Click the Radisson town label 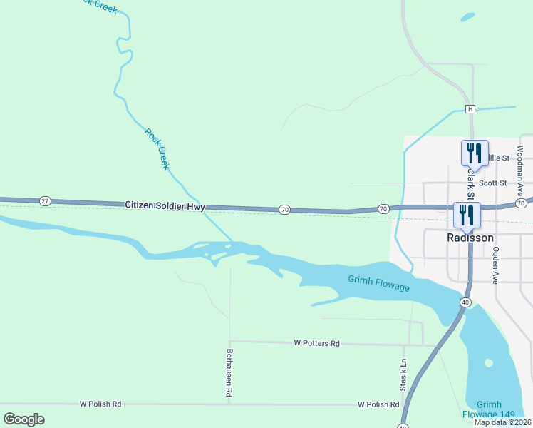(470, 238)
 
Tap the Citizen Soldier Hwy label (165, 206)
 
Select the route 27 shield (45, 202)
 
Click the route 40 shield (465, 302)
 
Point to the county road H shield (470, 109)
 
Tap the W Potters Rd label (316, 343)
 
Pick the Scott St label (492, 183)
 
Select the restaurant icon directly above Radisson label (467, 214)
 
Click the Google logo (24, 419)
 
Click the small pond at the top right (467, 16)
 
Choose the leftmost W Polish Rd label (100, 404)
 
